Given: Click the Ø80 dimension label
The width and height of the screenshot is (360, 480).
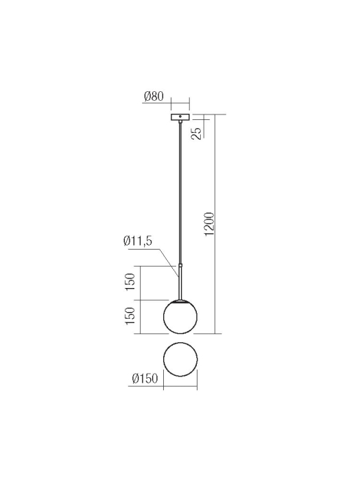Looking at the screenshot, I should pyautogui.click(x=154, y=97).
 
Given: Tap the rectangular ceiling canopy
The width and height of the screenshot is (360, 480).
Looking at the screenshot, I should pyautogui.click(x=180, y=117).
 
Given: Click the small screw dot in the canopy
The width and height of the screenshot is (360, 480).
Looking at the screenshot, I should pyautogui.click(x=180, y=117).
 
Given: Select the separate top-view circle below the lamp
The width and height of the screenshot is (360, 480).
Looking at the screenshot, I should pyautogui.click(x=180, y=359).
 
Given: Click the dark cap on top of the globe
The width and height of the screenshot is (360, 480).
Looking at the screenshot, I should pyautogui.click(x=180, y=300).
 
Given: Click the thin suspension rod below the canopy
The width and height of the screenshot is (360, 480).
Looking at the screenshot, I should pyautogui.click(x=180, y=192).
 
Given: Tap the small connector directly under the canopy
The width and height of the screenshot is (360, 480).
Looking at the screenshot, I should pyautogui.click(x=180, y=124).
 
